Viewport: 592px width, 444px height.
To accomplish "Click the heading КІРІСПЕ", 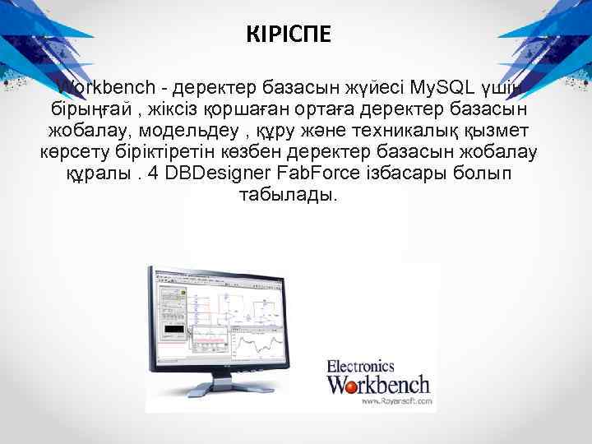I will click(289, 35).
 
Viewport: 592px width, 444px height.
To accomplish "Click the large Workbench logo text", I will click(378, 385).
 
